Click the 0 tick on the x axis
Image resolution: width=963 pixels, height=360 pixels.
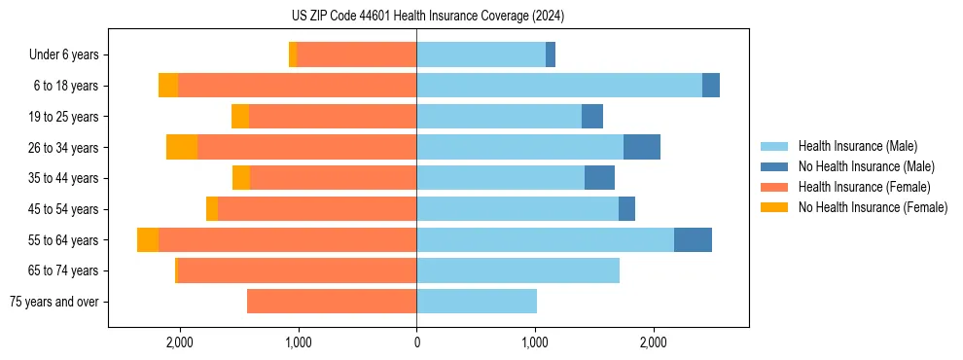[x=416, y=342]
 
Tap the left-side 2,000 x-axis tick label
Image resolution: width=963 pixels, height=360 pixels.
[x=180, y=342]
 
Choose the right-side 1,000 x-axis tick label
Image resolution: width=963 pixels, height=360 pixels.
[x=535, y=342]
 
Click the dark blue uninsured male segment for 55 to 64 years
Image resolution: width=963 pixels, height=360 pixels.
[x=693, y=239]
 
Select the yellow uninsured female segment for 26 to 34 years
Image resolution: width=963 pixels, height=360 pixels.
[x=182, y=147]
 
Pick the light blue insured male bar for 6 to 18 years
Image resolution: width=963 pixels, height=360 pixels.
[x=559, y=86]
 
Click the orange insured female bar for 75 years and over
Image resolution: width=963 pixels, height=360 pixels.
[x=332, y=302]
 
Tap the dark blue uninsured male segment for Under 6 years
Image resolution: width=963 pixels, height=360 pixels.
[x=551, y=54]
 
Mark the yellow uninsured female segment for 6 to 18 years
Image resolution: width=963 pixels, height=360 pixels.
[x=168, y=86]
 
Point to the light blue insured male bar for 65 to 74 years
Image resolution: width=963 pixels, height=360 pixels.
[x=517, y=270]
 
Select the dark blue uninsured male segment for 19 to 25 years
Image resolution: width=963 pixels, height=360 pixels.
[x=592, y=117]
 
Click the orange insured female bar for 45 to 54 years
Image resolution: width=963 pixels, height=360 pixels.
[x=317, y=209]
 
